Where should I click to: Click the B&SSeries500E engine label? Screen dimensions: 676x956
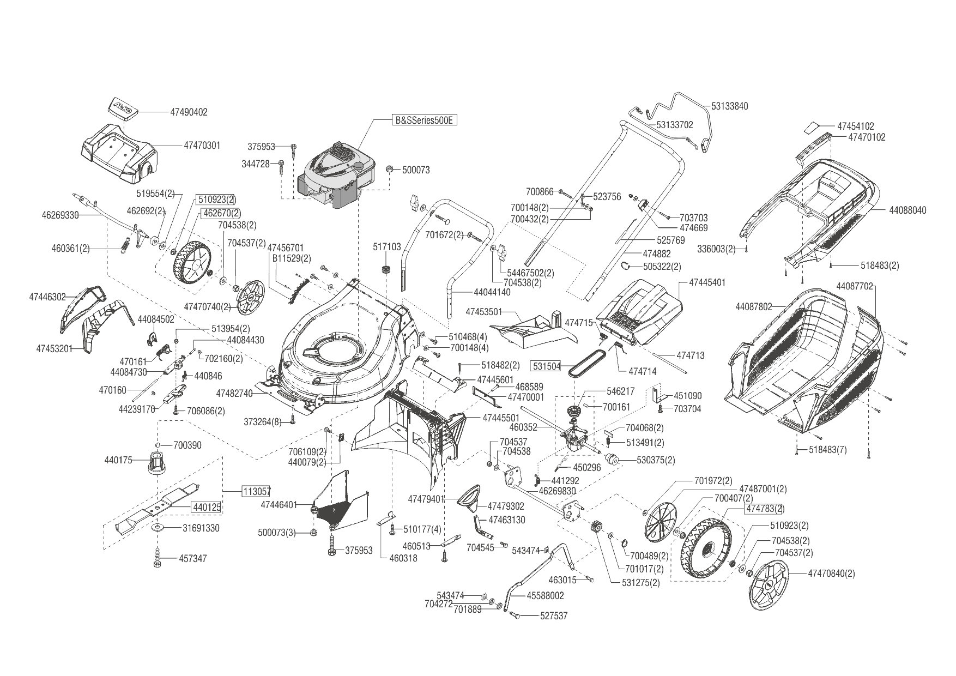423,120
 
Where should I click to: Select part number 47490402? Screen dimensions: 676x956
189,112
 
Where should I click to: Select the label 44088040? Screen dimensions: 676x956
907,210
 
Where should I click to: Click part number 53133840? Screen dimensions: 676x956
729,106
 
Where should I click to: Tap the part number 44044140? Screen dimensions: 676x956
492,292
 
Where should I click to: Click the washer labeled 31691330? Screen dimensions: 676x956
159,528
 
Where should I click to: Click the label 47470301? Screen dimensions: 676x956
202,146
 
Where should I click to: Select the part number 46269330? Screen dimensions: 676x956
60,215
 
